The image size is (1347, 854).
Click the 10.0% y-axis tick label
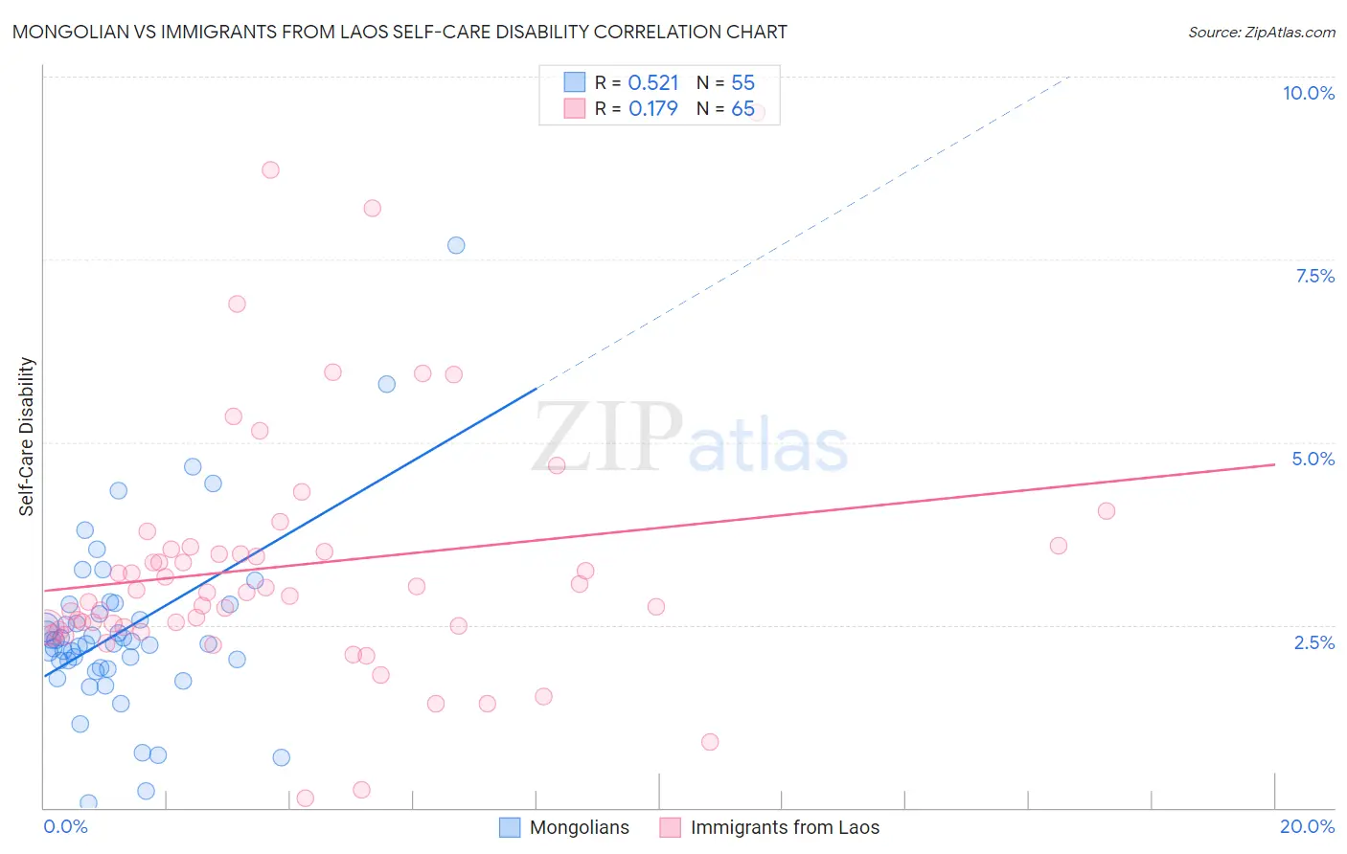1309,93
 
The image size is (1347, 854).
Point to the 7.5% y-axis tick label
1314,276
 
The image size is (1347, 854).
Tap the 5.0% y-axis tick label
1313,459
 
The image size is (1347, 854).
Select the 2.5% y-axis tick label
1314,642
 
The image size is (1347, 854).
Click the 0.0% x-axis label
65,826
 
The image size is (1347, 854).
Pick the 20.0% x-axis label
1307,826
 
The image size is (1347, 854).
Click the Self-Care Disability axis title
27,437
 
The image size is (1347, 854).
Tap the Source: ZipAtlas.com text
1261,32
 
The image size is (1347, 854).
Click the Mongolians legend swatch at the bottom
510,827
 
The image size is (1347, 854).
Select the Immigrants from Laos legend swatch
670,827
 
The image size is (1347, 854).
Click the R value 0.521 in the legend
653,83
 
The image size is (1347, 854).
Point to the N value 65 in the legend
742,109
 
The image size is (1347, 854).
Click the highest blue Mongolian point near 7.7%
456,245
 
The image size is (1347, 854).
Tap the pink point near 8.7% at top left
270,169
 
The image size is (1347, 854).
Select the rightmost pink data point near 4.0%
1107,510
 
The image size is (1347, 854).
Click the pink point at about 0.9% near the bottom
710,742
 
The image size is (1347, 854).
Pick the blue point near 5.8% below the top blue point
387,384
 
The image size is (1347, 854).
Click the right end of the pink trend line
1274,464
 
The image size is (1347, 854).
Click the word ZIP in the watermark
607,438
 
